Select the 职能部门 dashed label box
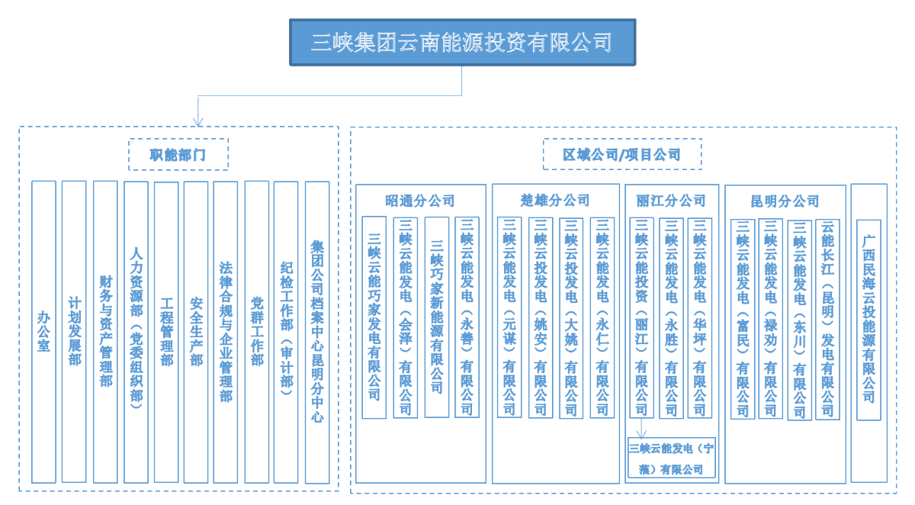[178, 154]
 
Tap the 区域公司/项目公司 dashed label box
[621, 154]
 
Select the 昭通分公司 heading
[420, 201]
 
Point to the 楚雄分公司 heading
[555, 201]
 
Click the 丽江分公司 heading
[671, 201]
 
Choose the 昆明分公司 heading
[785, 201]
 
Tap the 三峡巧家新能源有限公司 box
[436, 317]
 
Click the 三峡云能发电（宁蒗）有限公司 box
[672, 458]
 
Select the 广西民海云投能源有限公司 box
[868, 320]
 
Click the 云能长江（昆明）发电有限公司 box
[827, 318]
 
